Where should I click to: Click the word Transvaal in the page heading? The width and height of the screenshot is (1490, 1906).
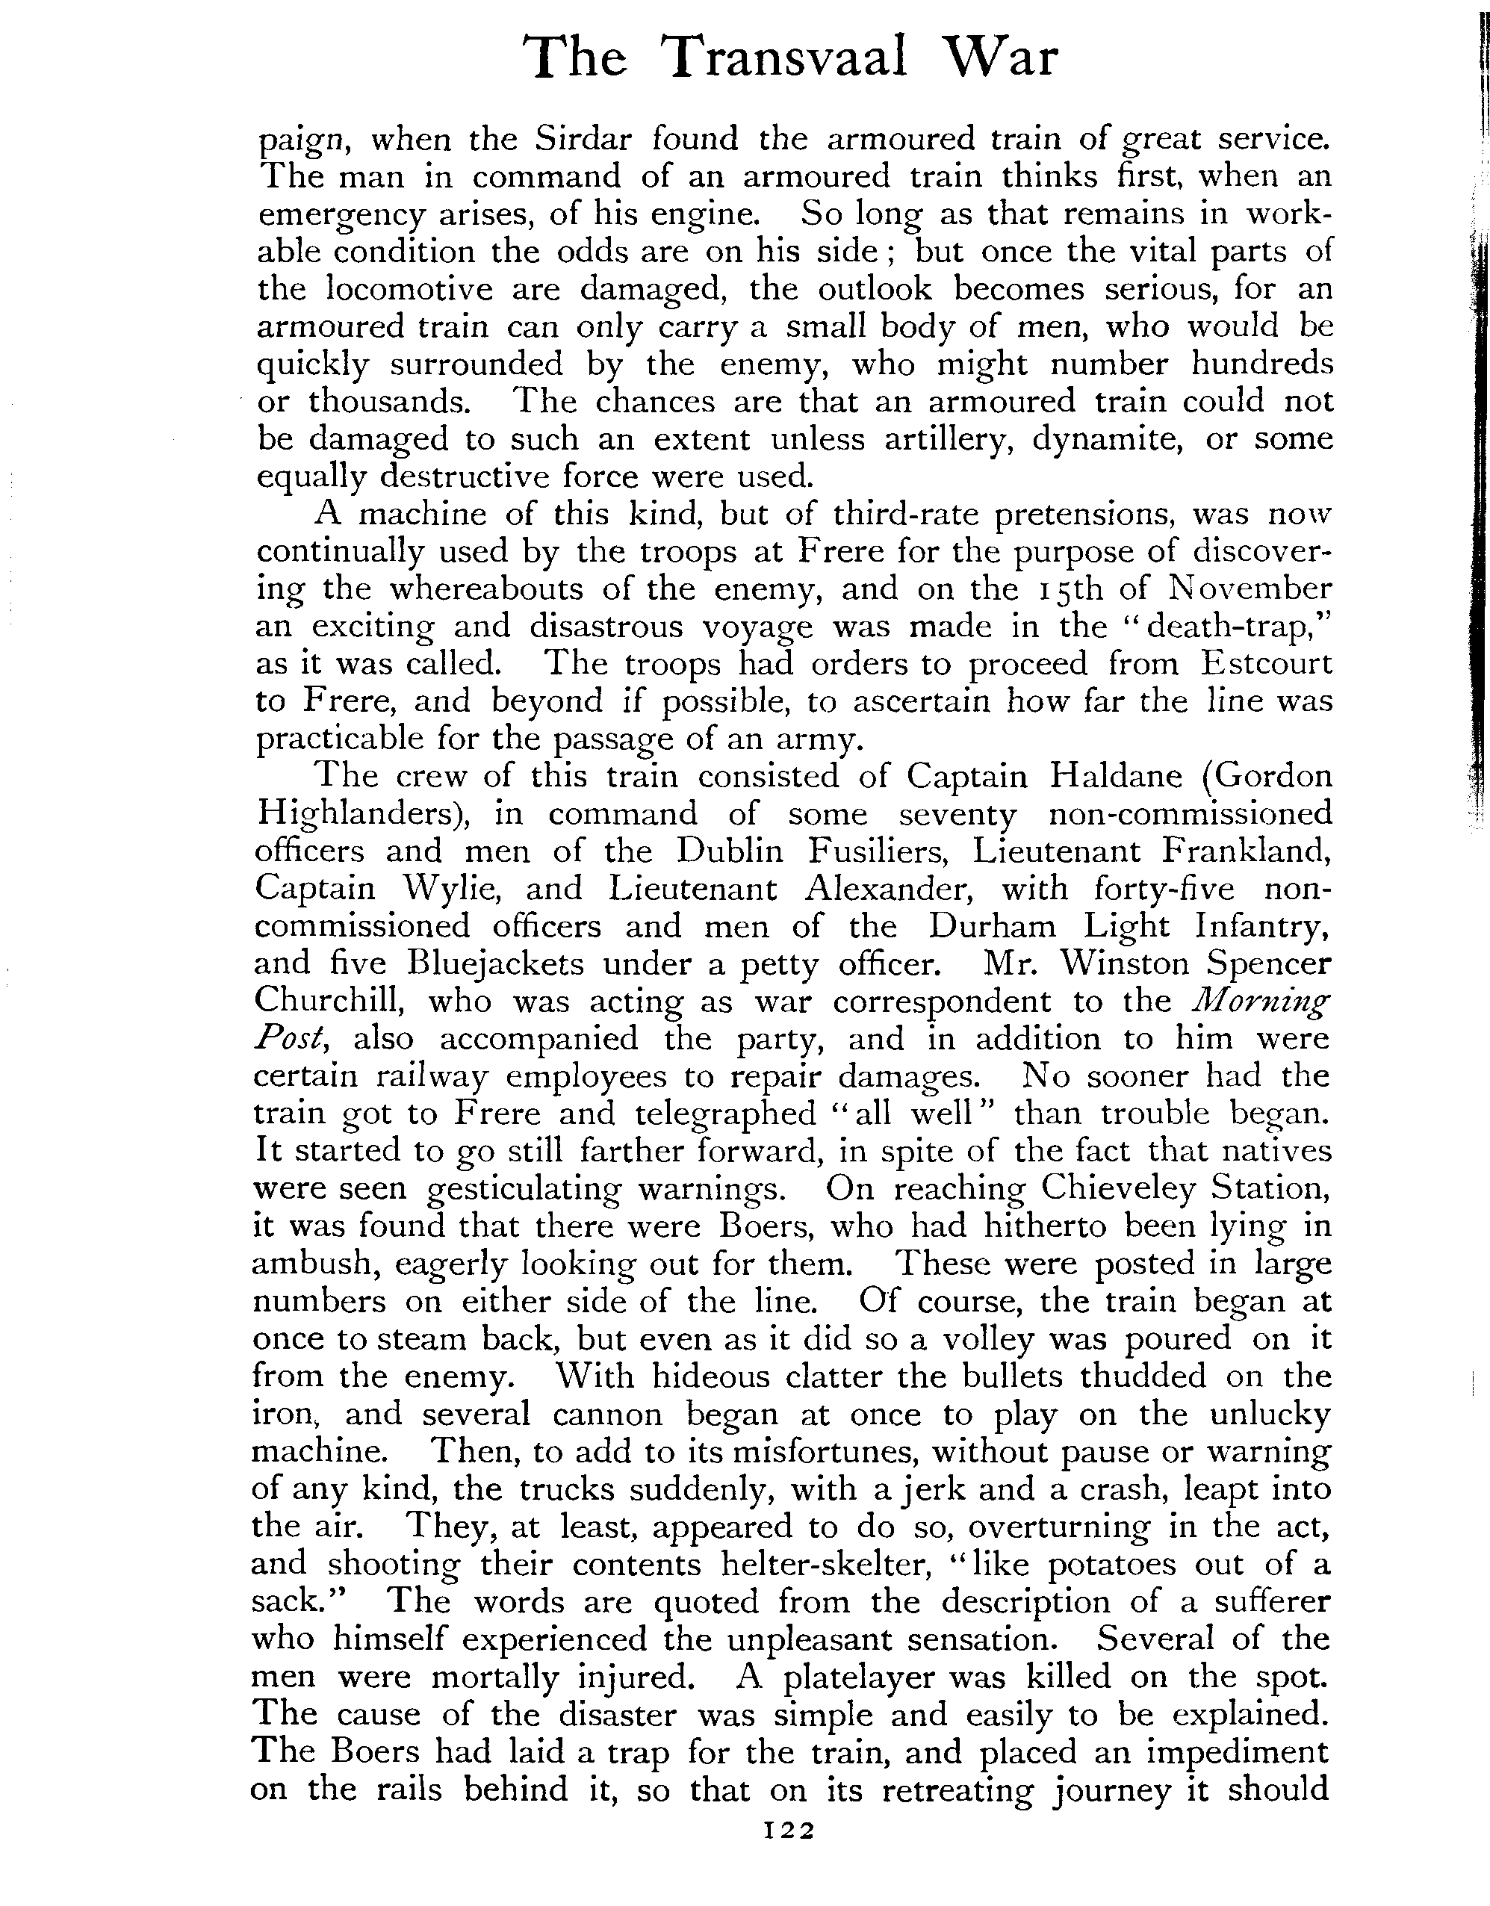(x=784, y=59)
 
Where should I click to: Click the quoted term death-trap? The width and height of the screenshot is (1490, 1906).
(x=1221, y=627)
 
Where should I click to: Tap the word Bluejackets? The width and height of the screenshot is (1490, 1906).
(x=496, y=963)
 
